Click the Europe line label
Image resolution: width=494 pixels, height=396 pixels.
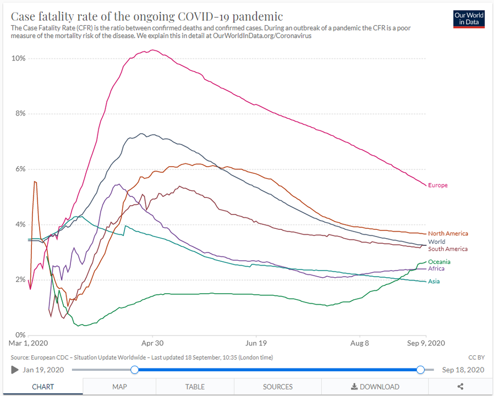(x=438, y=185)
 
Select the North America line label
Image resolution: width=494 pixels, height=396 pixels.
(x=448, y=234)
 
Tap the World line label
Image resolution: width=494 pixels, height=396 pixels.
(x=437, y=241)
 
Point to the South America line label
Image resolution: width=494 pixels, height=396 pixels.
(x=448, y=249)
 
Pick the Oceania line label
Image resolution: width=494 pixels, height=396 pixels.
(x=439, y=262)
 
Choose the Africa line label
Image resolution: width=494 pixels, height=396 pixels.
(x=436, y=269)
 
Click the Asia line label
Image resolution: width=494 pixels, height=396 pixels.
(x=434, y=282)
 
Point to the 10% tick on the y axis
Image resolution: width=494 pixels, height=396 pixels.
(x=19, y=58)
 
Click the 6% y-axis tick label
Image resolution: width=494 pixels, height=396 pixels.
(x=20, y=169)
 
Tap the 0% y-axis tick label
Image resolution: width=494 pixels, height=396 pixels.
(x=20, y=335)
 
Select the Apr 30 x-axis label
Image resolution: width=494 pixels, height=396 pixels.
(x=152, y=343)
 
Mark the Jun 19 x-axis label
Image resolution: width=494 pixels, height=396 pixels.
(x=256, y=343)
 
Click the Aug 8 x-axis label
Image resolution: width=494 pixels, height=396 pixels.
(x=360, y=343)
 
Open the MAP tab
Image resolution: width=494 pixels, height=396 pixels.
(x=119, y=387)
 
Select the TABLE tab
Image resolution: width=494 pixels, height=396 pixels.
(x=195, y=387)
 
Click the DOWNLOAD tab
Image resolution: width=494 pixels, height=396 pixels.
(x=375, y=387)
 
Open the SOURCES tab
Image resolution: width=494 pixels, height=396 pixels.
(x=278, y=387)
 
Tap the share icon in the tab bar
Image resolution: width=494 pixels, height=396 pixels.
(x=460, y=387)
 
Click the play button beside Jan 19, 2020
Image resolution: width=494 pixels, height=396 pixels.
(x=15, y=370)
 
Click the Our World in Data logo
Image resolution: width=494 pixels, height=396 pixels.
(x=469, y=19)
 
